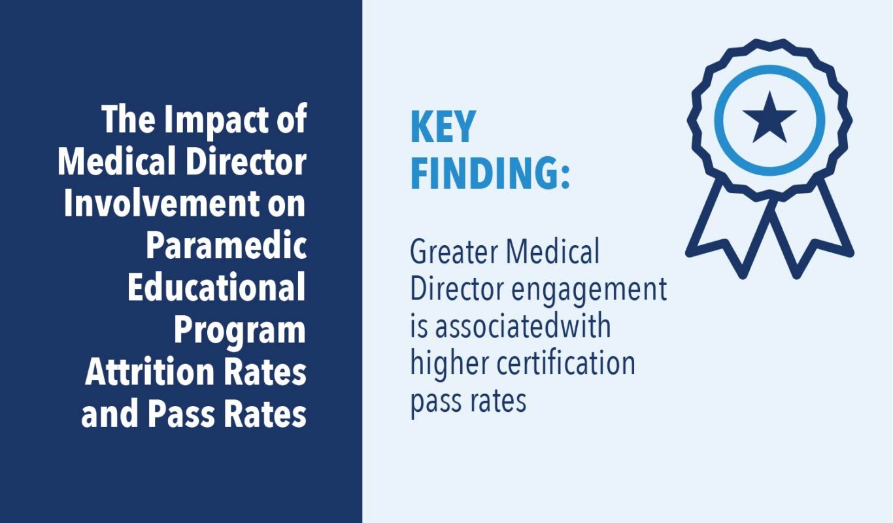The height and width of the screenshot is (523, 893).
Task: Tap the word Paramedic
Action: pos(226,246)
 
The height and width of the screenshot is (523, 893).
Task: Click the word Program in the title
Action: pos(240,330)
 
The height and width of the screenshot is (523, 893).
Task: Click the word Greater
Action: pos(449,252)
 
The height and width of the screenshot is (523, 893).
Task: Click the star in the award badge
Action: pos(769,118)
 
